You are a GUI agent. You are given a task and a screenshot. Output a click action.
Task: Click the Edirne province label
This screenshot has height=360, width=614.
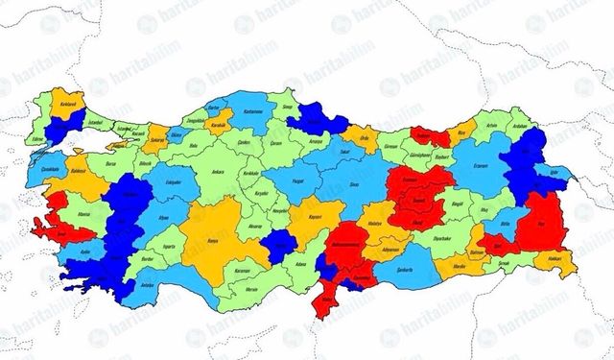[41, 140]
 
